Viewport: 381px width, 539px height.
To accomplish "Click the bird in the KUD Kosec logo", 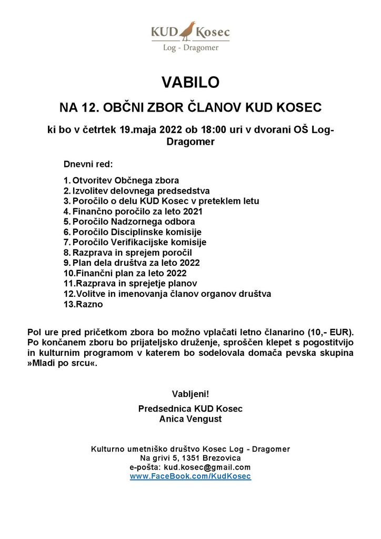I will coord(187,32).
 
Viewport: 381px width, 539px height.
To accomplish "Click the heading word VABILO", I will coord(190,83).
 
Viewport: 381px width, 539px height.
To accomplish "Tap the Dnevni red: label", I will coord(85,164).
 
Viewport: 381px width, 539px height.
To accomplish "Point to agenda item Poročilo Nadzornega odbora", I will coord(134,222).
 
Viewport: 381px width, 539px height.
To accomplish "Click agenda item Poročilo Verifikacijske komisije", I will coord(139,242).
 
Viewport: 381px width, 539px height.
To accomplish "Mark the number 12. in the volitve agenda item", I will coord(69,294).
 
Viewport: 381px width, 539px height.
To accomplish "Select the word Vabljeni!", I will coord(190,394).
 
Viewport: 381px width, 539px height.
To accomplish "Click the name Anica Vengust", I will coord(190,419).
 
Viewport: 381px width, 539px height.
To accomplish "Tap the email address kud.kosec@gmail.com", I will coord(207,467).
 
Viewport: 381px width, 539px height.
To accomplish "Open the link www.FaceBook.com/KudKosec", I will coord(190,476).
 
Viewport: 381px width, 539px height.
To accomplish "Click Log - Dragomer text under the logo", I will coord(190,47).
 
